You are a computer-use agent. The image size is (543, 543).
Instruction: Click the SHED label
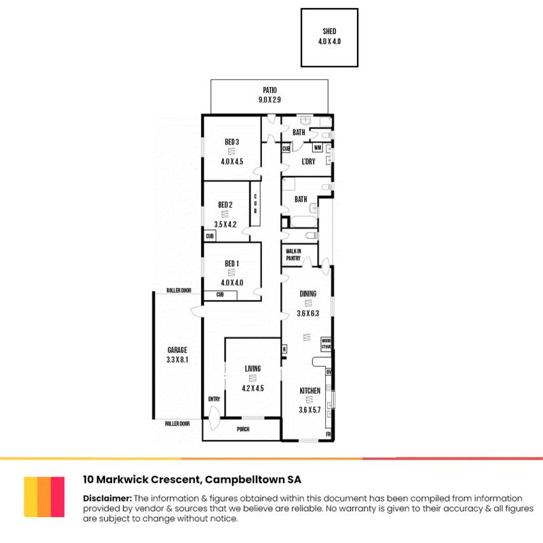point(329,31)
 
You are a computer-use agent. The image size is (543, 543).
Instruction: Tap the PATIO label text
point(270,90)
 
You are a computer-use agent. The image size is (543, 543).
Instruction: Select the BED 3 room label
point(231,142)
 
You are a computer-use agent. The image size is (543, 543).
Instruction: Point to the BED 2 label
point(225,205)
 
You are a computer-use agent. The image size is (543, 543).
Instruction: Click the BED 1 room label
point(231,263)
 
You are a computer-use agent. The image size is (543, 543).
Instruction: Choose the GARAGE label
point(177,350)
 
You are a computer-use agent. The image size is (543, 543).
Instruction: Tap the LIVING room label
point(252,369)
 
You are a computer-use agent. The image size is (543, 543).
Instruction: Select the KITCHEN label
point(310,391)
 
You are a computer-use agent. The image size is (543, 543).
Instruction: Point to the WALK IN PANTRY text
point(293,254)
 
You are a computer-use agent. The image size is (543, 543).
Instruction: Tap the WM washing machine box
point(317,147)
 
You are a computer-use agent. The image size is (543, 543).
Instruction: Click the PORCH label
point(243,429)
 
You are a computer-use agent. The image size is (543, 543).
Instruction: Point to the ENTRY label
point(214,399)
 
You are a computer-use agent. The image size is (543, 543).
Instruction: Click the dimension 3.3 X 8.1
point(177,360)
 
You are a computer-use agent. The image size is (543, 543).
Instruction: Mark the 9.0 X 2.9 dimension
point(269,100)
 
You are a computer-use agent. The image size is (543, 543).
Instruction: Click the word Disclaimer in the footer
point(107,498)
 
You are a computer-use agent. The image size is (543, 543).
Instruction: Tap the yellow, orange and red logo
point(44,496)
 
